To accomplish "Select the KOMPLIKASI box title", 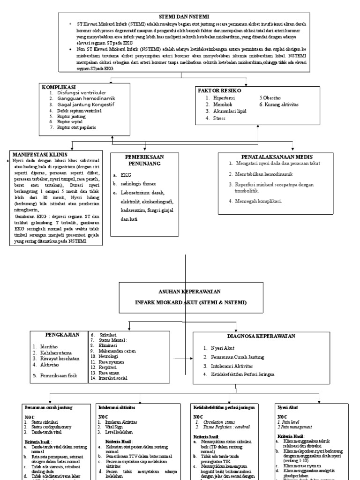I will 60,87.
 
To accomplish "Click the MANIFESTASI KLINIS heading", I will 40,154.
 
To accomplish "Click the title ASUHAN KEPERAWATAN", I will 185,291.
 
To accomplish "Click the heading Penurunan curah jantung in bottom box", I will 48,408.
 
